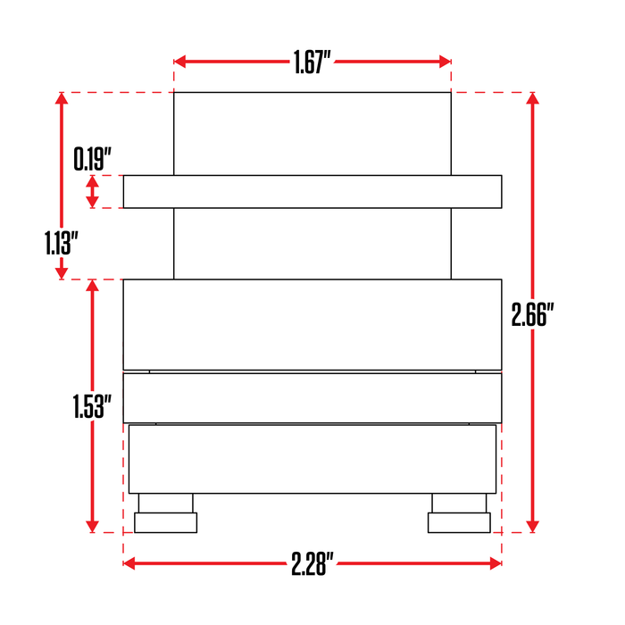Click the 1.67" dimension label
[312, 62]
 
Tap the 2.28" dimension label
[312, 563]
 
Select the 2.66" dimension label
[533, 315]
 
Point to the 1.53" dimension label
[92, 406]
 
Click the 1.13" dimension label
[61, 243]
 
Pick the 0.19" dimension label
[93, 159]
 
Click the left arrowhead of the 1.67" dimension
[180, 62]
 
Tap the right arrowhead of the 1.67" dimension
[445, 62]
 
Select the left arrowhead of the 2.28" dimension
[129, 563]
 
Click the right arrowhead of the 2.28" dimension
[496, 563]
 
